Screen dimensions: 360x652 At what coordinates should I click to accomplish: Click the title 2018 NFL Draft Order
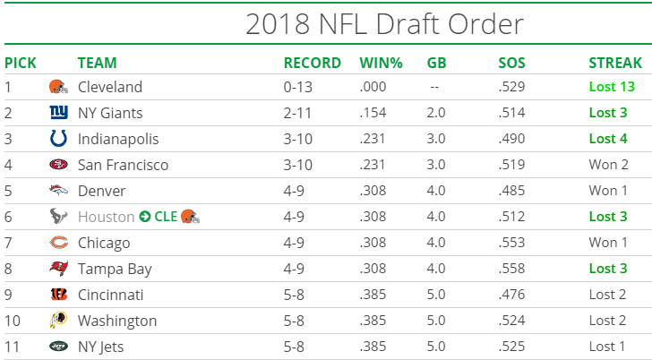pos(384,24)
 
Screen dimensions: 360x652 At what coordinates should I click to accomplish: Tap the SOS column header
pos(512,63)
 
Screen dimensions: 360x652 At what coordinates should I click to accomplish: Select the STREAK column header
pos(615,63)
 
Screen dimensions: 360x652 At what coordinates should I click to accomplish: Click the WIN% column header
pos(381,63)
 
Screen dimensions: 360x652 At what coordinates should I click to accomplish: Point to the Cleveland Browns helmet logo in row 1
pos(57,87)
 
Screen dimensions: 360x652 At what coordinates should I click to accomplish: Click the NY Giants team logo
pos(58,113)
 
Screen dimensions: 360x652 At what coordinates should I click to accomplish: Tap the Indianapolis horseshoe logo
pos(58,139)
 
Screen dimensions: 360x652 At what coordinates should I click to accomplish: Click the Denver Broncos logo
pos(58,191)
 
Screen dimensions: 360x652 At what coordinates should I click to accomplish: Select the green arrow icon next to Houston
pos(144,217)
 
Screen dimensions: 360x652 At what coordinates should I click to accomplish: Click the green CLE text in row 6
pos(166,217)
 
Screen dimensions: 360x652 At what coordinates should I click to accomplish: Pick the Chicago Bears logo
pos(58,243)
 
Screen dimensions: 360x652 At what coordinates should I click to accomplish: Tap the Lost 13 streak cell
pos(614,87)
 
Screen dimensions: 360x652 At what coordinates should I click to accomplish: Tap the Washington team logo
pos(58,321)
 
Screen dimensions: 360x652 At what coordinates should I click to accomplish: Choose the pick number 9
pos(8,295)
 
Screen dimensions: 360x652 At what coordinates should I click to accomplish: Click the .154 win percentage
pos(374,113)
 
